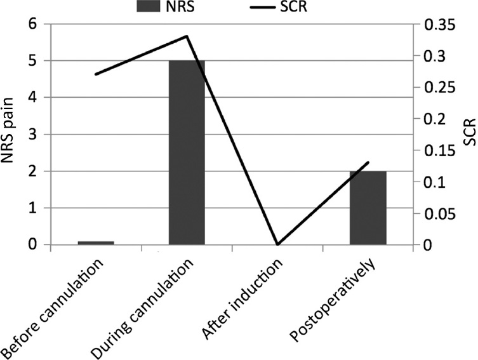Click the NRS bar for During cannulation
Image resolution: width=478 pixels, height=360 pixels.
(186, 152)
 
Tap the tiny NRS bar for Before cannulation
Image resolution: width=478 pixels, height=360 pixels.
(96, 243)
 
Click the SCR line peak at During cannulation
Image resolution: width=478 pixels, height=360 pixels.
(187, 36)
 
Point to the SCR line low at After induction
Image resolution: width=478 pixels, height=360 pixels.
(277, 244)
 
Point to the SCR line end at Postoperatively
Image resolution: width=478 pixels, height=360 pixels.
(368, 163)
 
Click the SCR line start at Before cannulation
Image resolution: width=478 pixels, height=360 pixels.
(96, 74)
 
